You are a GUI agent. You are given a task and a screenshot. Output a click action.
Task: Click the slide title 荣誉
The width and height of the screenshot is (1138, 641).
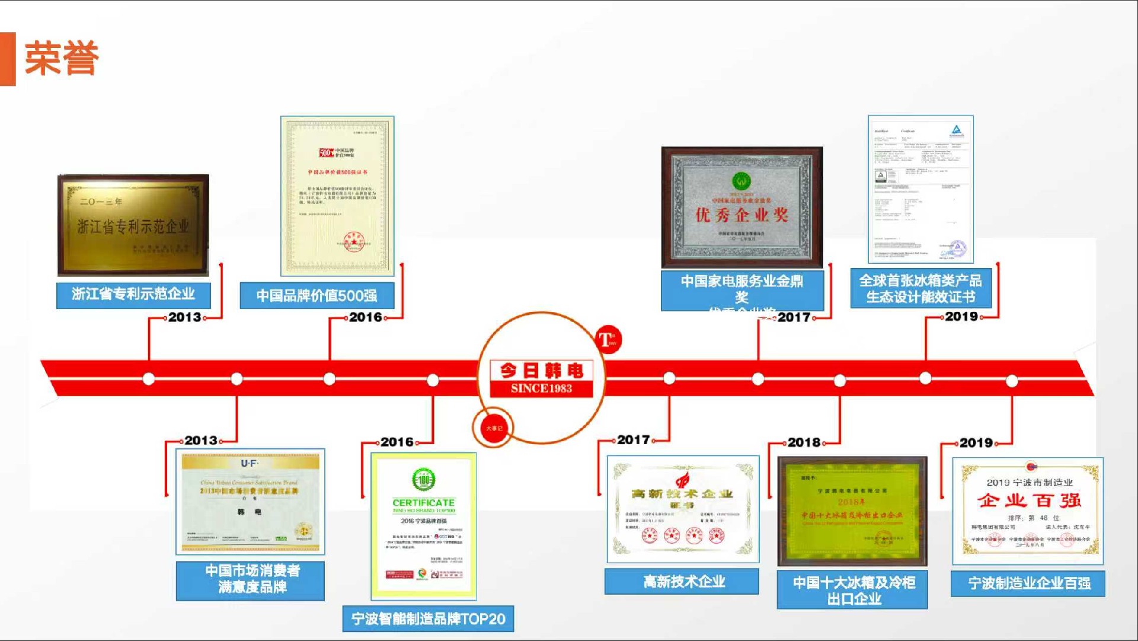(62, 59)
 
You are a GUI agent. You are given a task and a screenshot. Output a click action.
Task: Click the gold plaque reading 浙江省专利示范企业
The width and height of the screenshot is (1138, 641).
(133, 225)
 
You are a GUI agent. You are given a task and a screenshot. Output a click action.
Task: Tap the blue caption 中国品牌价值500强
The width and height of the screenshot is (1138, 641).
(317, 295)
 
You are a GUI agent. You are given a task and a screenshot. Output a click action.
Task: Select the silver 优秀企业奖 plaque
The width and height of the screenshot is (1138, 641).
(742, 207)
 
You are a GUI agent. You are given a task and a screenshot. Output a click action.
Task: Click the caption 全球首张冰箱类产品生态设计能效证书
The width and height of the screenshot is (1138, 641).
(920, 288)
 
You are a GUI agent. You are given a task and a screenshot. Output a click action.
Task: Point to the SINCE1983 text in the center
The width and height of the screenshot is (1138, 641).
(541, 388)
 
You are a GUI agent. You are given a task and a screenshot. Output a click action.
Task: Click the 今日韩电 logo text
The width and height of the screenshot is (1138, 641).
(541, 371)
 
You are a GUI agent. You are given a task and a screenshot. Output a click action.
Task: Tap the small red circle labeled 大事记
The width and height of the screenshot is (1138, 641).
(494, 428)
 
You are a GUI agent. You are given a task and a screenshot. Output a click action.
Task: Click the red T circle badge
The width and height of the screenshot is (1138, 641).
(608, 340)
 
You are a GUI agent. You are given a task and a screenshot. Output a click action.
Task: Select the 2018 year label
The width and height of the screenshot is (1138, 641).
(804, 442)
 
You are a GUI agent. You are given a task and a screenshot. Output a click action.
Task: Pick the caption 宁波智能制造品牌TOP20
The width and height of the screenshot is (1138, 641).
(428, 619)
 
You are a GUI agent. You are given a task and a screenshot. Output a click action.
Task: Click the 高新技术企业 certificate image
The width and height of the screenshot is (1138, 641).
(683, 509)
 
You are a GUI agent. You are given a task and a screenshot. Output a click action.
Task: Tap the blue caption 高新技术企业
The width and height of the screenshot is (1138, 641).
(682, 582)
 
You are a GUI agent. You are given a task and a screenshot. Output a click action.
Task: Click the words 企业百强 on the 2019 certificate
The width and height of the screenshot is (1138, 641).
(1029, 500)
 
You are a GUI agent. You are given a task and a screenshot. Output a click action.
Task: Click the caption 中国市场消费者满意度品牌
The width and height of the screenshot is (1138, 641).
(251, 579)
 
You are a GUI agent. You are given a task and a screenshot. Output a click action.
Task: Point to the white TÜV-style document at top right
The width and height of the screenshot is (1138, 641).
(920, 189)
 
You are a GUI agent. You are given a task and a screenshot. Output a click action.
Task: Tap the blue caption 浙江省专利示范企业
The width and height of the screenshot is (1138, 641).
(133, 294)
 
